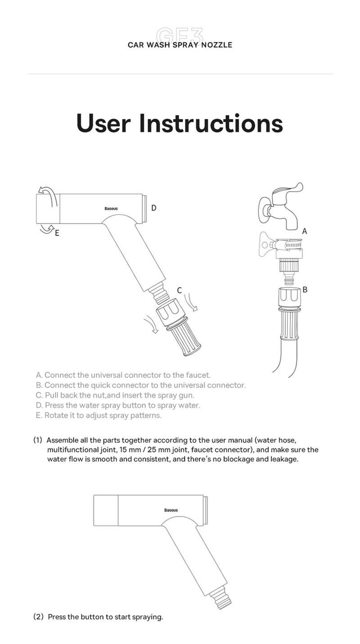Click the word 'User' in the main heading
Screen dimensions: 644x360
click(x=103, y=123)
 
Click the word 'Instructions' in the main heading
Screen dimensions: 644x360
click(x=211, y=123)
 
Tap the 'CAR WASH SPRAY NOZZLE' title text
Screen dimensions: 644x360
click(x=180, y=45)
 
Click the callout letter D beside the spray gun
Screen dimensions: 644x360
click(x=153, y=208)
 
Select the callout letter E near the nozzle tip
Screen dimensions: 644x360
click(x=57, y=233)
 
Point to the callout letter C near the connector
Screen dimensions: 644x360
click(x=179, y=291)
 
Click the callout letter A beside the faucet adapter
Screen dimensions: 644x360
click(x=305, y=231)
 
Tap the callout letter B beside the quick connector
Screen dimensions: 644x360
click(x=305, y=290)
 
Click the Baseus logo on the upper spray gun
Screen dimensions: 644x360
click(x=111, y=209)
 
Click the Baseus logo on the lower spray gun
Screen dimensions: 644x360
click(x=171, y=510)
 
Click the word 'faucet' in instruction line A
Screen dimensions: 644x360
click(x=198, y=375)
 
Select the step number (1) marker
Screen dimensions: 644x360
click(x=37, y=440)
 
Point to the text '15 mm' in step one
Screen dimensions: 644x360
click(x=128, y=450)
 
